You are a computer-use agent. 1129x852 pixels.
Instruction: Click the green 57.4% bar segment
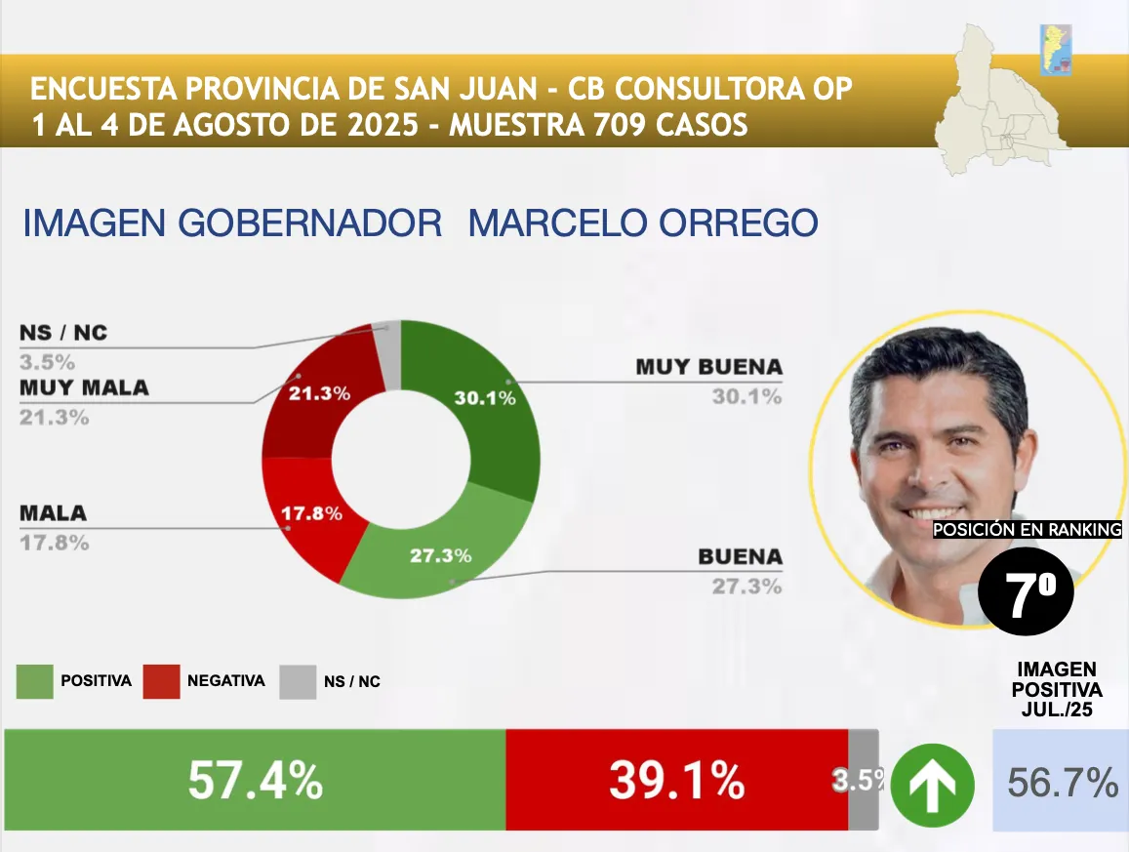[x=255, y=781]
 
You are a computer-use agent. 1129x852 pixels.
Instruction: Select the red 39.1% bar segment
[x=676, y=781]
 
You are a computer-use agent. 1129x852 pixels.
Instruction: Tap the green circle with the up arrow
[x=932, y=785]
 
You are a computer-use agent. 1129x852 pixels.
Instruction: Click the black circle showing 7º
[x=1025, y=592]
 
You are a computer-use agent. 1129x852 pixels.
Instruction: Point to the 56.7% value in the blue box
[x=1062, y=783]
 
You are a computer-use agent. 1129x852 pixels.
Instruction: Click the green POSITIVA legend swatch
[x=34, y=681]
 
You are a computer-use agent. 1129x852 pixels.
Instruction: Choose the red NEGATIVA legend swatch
[x=161, y=681]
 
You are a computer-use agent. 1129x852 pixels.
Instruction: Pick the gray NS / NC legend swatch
[x=298, y=681]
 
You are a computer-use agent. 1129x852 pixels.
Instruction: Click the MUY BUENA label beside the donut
[x=708, y=368]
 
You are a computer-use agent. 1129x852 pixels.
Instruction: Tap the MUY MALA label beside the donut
[x=84, y=388]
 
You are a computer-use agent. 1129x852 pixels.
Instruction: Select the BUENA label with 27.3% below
[x=740, y=557]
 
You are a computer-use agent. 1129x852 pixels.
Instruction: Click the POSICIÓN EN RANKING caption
[x=1028, y=530]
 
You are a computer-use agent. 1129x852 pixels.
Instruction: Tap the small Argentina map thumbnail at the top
[x=1056, y=49]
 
